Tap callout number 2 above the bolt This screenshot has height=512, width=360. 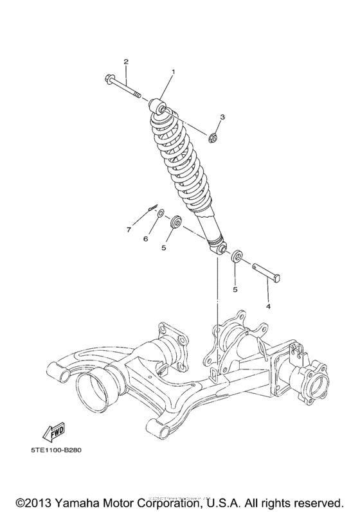point(126,62)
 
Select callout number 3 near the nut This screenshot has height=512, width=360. point(222,117)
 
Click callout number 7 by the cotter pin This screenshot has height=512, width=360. point(128,229)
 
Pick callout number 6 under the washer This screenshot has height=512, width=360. point(145,238)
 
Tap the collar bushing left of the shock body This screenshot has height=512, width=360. point(174,224)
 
